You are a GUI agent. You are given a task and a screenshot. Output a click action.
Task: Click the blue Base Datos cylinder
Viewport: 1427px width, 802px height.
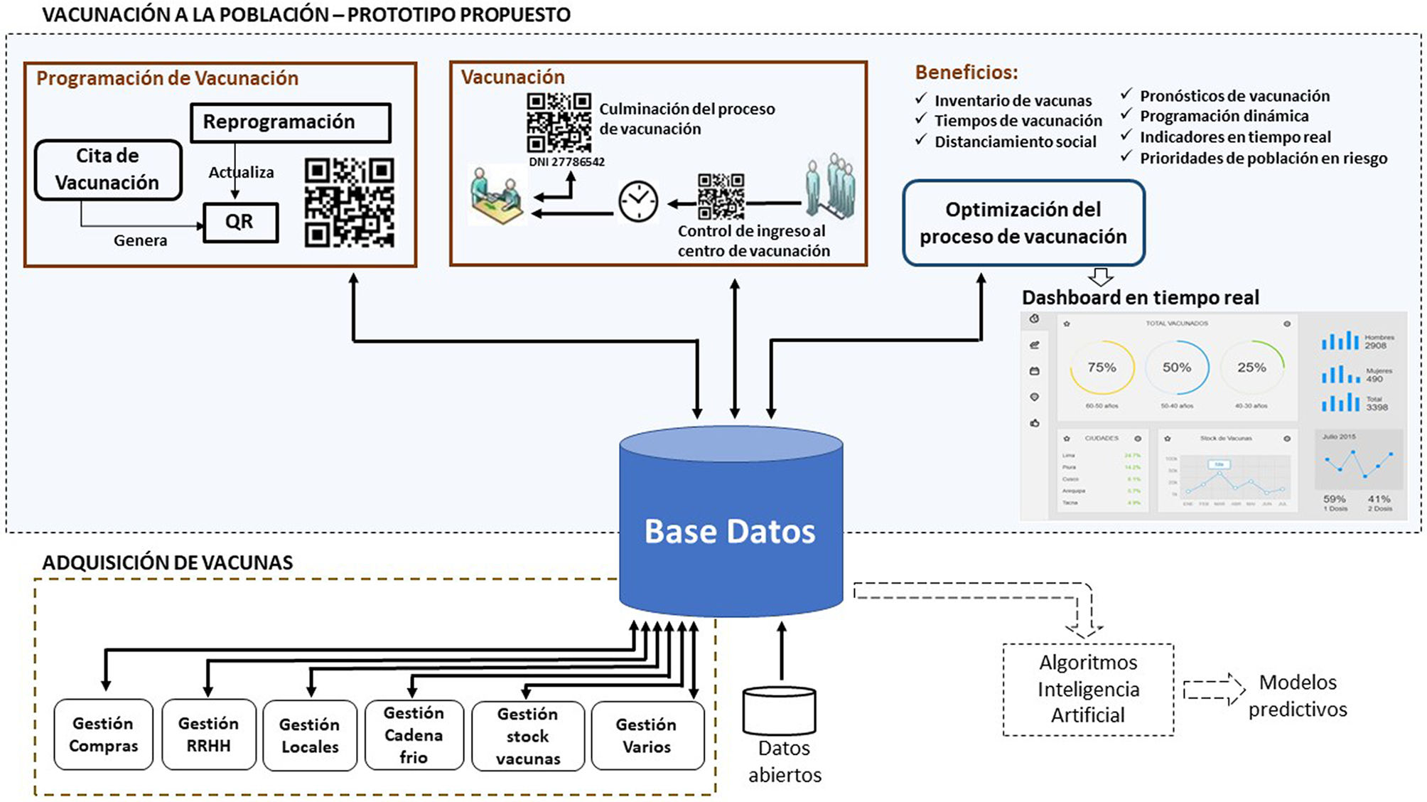(731, 526)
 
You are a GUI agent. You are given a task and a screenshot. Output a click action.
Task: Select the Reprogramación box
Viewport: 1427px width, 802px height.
(290, 122)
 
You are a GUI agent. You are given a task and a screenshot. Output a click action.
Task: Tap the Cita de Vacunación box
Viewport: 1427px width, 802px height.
(108, 169)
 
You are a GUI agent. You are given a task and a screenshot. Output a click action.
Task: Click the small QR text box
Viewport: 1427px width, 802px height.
(240, 222)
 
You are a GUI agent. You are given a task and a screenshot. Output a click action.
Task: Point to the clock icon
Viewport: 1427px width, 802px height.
(637, 202)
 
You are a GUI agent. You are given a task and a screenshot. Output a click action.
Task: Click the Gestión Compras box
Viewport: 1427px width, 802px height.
(104, 734)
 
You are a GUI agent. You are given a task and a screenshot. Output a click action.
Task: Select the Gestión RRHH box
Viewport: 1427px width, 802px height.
(208, 734)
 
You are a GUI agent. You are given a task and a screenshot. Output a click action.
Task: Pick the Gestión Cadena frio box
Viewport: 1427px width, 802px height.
(414, 734)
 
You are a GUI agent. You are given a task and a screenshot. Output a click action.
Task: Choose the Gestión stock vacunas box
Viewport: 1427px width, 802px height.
(528, 736)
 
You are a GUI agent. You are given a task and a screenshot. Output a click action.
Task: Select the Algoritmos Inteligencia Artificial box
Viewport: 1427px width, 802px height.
(1088, 689)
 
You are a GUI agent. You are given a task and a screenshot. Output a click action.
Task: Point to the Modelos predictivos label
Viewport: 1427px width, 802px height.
(1298, 695)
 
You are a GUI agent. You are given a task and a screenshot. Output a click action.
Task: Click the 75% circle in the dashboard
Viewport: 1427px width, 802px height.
(1102, 368)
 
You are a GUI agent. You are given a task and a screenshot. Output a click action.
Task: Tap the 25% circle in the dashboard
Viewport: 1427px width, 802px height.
(1251, 368)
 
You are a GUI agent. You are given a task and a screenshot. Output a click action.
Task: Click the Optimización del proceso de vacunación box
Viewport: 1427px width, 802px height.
(1023, 223)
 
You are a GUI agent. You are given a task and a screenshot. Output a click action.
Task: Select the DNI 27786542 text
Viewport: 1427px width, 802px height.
(566, 162)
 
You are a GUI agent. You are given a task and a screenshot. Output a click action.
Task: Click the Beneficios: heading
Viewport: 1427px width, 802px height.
(966, 73)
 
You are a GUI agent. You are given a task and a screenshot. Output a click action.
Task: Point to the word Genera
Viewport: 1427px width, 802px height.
(141, 240)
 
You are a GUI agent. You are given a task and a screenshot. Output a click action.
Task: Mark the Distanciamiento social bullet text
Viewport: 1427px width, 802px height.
(1015, 142)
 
